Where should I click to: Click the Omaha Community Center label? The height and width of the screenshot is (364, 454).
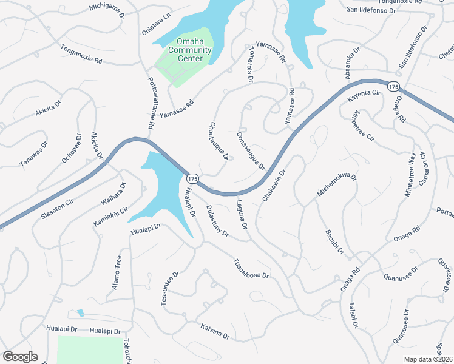click(x=189, y=50)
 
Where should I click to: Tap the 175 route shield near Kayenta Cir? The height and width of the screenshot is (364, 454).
click(x=394, y=87)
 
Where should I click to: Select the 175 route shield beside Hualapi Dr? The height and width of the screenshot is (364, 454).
click(x=192, y=178)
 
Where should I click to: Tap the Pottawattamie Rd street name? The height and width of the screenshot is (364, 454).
click(x=150, y=104)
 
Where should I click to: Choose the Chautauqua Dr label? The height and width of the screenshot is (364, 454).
click(x=219, y=141)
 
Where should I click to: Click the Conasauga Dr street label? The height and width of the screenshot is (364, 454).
click(x=251, y=152)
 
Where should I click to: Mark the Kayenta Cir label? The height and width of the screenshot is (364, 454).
click(x=363, y=96)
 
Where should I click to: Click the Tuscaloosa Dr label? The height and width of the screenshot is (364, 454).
click(x=251, y=268)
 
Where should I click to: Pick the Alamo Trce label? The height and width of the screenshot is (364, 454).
click(x=117, y=272)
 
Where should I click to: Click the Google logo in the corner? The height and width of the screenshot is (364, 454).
click(x=20, y=356)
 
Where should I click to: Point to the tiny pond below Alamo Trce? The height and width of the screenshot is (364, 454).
click(x=81, y=313)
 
